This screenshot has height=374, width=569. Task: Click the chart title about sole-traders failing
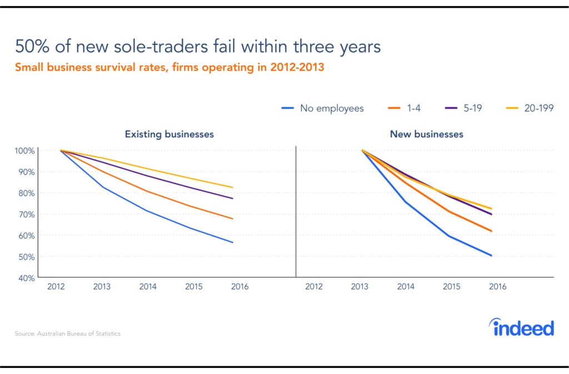tap(198, 46)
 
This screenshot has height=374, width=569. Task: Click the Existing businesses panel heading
tap(169, 134)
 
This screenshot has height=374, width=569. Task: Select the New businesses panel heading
tap(426, 134)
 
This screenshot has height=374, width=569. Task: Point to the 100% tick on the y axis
tap(25, 151)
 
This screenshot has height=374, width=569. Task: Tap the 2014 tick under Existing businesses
tap(148, 287)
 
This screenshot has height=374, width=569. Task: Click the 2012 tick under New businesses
tap(314, 287)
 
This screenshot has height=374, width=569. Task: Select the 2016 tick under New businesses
tap(497, 287)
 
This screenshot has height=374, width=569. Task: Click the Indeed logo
tap(523, 328)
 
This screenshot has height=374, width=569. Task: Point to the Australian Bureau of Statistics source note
tap(68, 334)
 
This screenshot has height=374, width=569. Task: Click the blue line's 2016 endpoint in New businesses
tap(492, 256)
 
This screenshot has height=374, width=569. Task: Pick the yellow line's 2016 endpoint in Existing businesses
tap(232, 187)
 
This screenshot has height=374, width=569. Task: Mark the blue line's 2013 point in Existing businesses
tap(102, 187)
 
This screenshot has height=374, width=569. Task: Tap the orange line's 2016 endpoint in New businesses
tap(492, 231)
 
